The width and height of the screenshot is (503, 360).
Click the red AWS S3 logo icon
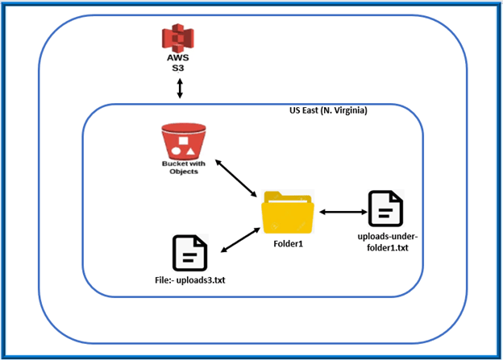(x=179, y=40)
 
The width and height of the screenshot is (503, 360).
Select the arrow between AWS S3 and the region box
(x=179, y=89)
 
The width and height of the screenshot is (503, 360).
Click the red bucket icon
(x=182, y=142)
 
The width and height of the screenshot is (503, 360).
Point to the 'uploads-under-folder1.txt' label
(x=385, y=241)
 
